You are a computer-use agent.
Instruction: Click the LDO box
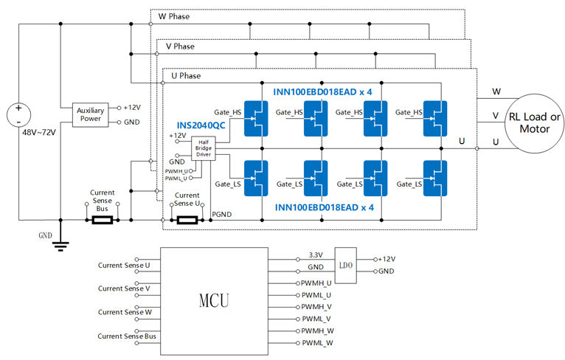[345, 264]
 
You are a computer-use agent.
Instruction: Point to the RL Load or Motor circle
[535, 122]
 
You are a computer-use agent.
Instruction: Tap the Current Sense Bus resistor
[101, 219]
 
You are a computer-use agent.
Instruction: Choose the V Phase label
[179, 46]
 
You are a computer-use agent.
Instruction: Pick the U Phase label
[185, 76]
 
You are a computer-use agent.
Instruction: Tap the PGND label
[223, 215]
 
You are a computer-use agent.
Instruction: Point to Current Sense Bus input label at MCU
[128, 336]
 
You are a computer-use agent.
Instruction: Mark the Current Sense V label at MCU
[124, 288]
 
